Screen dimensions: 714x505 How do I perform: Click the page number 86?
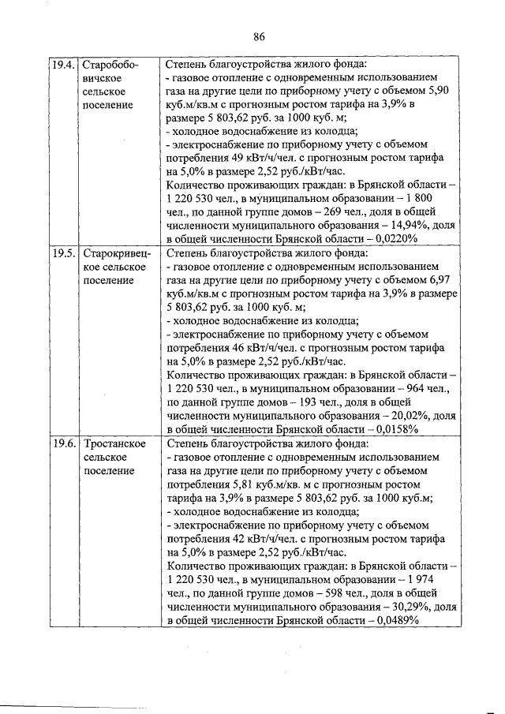259,35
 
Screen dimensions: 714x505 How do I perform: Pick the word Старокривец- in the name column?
114,254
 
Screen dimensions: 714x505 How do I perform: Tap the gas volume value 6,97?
440,281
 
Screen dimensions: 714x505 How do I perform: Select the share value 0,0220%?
392,238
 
